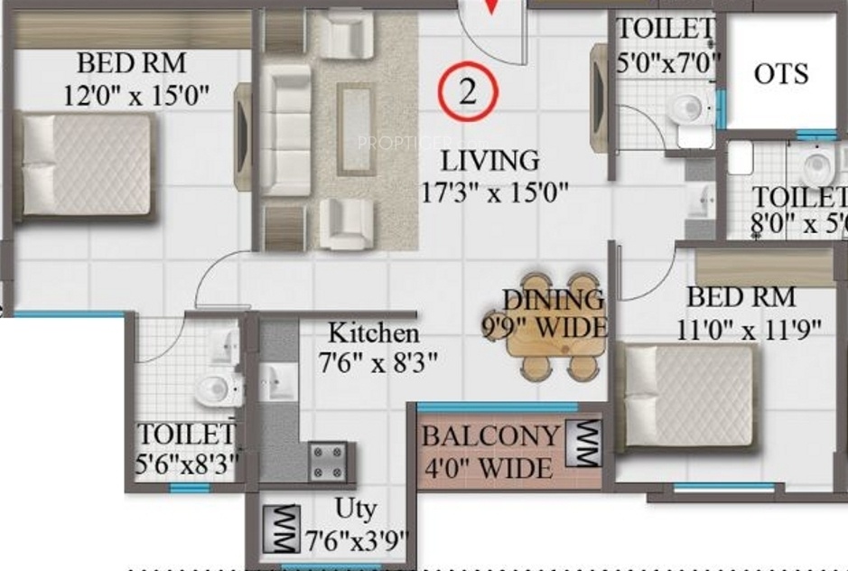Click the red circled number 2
468,91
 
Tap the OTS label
781,73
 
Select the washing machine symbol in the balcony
582,445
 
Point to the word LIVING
490,161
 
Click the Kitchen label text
373,333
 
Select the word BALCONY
490,435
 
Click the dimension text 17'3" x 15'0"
493,192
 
